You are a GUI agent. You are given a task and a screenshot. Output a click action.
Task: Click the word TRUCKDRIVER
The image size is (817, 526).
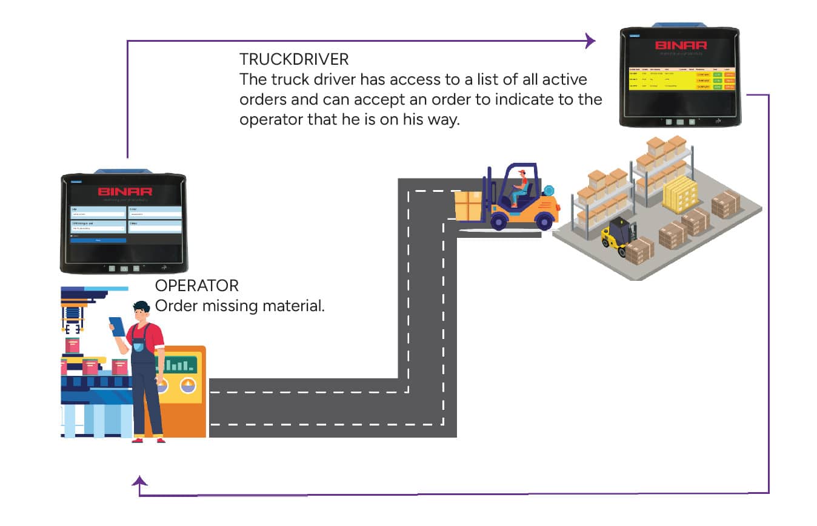(x=294, y=59)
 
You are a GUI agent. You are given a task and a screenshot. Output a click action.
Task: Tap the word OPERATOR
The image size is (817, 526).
(x=197, y=286)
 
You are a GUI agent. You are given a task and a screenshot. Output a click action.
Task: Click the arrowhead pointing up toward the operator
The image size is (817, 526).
(x=140, y=481)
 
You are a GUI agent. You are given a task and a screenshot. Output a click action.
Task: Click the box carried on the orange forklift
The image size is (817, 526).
(x=468, y=206)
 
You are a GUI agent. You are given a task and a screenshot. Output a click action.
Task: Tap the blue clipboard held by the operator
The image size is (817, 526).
(x=118, y=327)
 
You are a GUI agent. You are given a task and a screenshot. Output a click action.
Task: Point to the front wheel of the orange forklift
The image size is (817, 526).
(x=499, y=222)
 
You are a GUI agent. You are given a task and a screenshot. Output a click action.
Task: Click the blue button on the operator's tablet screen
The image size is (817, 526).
(x=98, y=240)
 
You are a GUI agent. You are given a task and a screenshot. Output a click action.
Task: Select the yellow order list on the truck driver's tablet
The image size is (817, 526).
(x=681, y=79)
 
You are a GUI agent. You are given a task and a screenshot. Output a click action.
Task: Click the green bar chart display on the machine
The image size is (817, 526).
(x=176, y=364)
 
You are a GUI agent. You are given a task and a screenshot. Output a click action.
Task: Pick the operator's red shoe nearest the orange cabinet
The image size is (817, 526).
(x=160, y=440)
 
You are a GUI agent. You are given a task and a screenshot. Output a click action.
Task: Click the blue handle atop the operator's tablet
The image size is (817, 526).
(x=125, y=171)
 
